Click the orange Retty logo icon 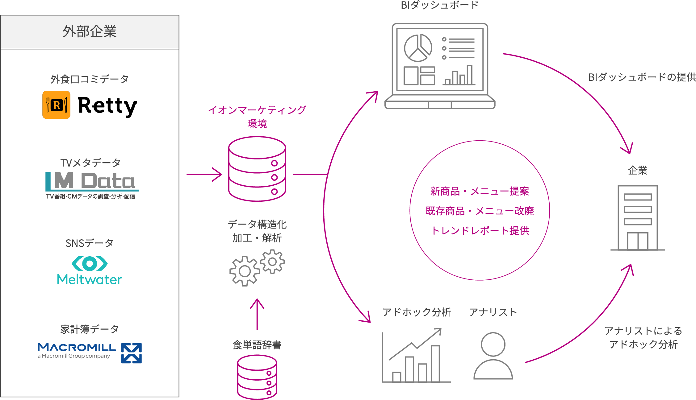56,105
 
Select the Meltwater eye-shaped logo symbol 90,263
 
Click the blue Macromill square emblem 132,353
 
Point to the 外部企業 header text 90,32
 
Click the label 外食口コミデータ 90,79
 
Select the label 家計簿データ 90,329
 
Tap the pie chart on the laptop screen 418,48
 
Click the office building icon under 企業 638,218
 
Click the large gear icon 245,271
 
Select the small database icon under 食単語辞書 257,377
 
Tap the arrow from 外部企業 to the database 204,175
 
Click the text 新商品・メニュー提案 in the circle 480,192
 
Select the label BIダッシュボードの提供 642,77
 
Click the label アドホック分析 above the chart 417,312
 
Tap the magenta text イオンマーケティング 257,110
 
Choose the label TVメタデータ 90,163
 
